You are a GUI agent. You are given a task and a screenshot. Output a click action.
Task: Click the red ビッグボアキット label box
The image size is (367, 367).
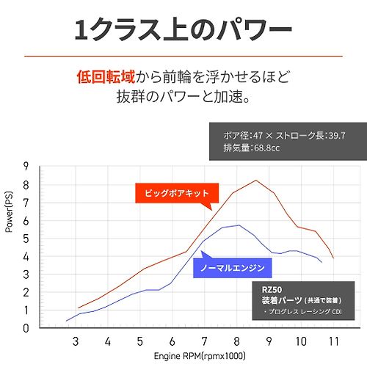[x=177, y=193]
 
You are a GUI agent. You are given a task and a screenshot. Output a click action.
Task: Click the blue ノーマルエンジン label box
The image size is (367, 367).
[x=233, y=268]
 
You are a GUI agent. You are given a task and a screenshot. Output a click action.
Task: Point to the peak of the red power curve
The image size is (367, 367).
[x=256, y=181]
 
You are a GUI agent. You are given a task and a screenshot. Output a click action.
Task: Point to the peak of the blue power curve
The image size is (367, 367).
[x=239, y=225]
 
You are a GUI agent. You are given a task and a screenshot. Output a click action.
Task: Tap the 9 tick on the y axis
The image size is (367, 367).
[x=26, y=167]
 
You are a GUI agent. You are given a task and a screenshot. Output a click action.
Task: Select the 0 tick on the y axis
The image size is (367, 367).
[x=26, y=328]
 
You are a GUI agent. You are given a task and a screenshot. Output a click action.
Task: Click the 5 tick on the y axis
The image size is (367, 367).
[x=26, y=239]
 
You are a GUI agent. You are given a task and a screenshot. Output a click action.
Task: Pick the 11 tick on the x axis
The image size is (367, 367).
[x=334, y=341]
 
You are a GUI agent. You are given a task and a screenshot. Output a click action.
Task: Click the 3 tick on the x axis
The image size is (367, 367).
[x=76, y=341]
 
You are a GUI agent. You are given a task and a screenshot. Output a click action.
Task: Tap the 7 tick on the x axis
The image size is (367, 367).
[x=204, y=341]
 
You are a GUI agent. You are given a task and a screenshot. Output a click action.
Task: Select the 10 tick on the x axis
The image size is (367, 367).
[x=301, y=341]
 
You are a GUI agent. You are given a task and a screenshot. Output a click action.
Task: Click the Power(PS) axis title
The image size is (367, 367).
[x=9, y=212]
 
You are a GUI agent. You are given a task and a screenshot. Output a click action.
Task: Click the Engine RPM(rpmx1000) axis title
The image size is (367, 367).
[x=200, y=356]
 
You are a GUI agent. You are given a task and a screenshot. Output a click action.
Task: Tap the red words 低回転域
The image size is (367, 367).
[x=106, y=77]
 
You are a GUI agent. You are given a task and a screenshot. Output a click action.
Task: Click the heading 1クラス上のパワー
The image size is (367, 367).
[x=183, y=30]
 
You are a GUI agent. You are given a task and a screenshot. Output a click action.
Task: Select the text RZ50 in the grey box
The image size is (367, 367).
[x=272, y=290]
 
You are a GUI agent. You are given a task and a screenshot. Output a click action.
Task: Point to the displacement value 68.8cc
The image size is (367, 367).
[x=266, y=148]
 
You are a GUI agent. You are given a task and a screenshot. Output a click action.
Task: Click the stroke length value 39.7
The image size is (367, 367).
[x=337, y=135]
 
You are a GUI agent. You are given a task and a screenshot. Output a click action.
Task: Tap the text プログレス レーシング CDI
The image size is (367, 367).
[x=305, y=312]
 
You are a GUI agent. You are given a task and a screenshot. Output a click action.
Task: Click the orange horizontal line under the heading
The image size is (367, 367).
[x=183, y=57]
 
